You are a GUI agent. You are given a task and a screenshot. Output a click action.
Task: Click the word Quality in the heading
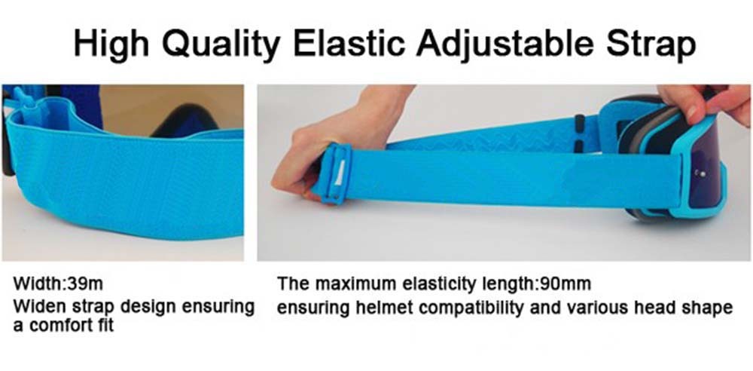click(220, 44)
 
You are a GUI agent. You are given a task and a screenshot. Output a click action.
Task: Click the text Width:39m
click(58, 284)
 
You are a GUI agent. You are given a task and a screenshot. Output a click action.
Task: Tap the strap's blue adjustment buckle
click(335, 174)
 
